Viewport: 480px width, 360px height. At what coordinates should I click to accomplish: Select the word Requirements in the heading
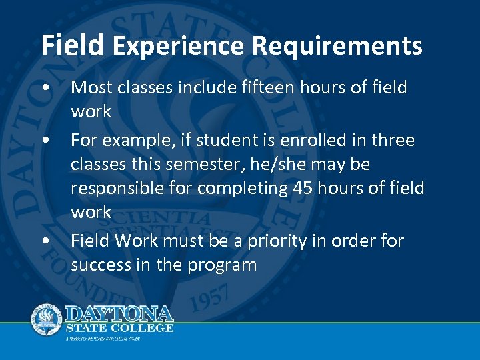click(x=337, y=46)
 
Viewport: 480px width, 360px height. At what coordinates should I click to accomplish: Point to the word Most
click(x=91, y=87)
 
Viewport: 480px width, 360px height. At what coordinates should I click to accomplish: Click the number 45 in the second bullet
click(x=302, y=189)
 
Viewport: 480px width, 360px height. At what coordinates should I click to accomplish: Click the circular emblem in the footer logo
click(x=47, y=319)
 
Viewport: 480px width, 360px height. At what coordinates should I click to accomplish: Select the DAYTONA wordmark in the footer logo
click(x=119, y=313)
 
